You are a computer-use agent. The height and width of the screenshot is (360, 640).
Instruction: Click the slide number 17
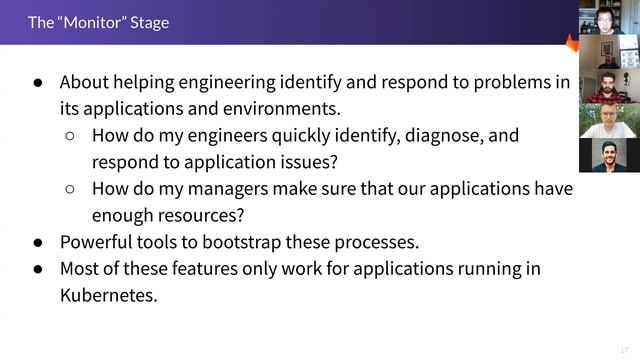[624, 349]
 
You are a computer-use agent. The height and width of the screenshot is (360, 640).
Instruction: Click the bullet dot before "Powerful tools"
[38, 242]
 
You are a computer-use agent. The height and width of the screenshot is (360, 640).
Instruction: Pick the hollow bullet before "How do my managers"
[70, 188]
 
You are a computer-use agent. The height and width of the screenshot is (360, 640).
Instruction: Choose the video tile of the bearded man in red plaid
[609, 85]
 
